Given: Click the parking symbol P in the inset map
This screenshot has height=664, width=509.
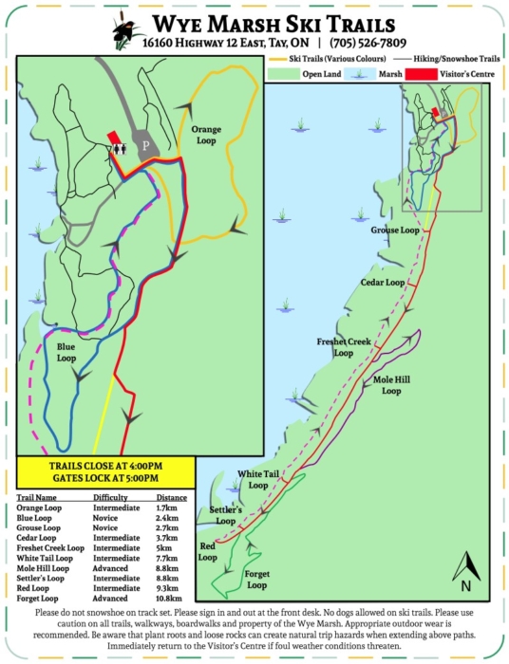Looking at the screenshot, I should click(145, 146).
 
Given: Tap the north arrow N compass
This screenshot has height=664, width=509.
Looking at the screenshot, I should click(466, 569).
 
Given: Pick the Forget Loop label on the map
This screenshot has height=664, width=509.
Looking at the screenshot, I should click(256, 580).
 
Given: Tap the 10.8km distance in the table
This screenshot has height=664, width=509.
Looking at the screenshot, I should click(166, 599).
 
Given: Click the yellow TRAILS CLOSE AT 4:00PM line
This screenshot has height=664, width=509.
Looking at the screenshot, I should click(105, 467).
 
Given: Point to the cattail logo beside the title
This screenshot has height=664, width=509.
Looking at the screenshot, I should click(121, 29).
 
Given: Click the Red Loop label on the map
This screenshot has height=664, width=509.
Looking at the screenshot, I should click(209, 552).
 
